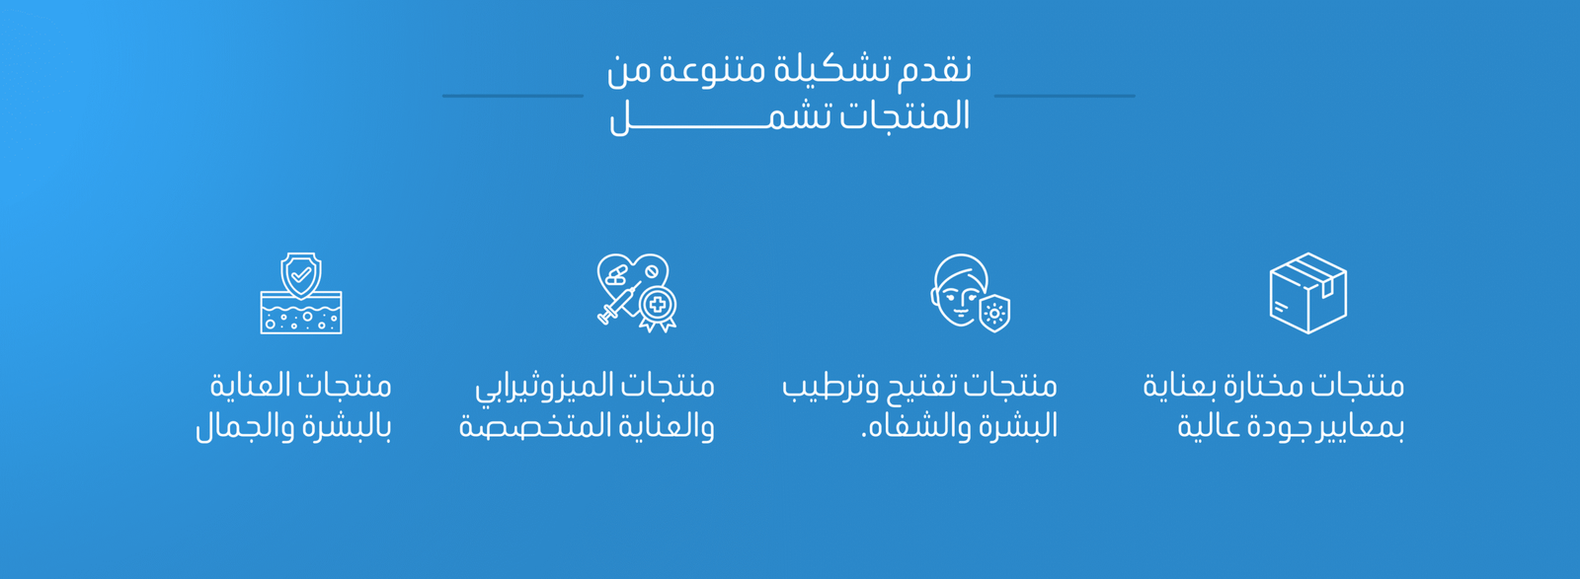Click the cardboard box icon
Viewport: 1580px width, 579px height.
1307,293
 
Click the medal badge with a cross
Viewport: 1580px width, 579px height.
658,308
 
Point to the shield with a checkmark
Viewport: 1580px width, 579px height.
301,275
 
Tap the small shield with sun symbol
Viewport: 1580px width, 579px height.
994,313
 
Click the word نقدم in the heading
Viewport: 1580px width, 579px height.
934,70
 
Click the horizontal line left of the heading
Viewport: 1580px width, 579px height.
513,96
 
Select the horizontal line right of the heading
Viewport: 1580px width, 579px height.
1065,96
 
